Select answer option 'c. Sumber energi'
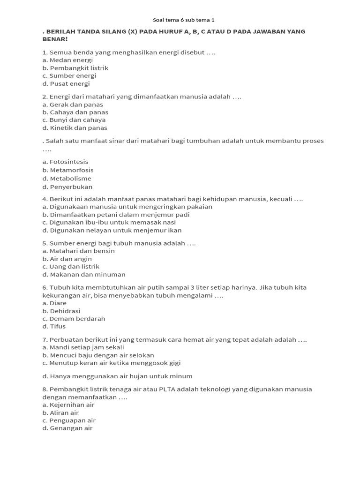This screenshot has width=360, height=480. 69,76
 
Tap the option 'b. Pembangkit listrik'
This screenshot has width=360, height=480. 75,68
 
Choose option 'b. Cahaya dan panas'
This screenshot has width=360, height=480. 75,112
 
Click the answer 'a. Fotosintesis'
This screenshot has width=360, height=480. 65,162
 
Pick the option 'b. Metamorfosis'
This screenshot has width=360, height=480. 67,170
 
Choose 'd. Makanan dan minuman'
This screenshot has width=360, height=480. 83,275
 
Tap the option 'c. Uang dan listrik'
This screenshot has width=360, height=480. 71,267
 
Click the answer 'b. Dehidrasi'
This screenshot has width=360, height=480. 61,311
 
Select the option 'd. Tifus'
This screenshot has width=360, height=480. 54,327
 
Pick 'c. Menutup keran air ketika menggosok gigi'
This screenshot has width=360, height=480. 111,363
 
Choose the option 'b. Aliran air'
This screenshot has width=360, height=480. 60,413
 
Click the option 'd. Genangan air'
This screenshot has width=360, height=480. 67,428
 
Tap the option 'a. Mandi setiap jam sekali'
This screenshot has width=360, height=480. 83,347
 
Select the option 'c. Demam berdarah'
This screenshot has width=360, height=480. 74,319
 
